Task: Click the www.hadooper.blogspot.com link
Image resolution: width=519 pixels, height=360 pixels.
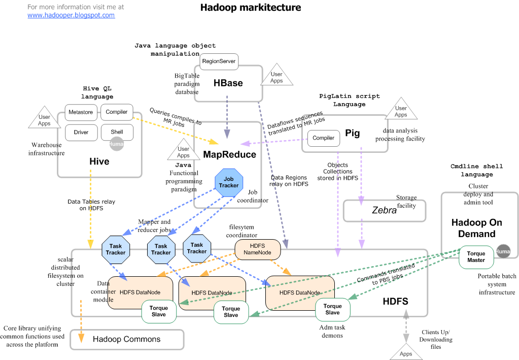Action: click(x=71, y=15)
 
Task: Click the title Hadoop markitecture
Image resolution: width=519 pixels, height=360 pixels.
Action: click(x=251, y=8)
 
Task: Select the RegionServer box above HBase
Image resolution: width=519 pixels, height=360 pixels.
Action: click(x=219, y=61)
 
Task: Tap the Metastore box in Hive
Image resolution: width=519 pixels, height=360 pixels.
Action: click(x=81, y=112)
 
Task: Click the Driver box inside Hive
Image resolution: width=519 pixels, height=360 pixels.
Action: click(x=81, y=133)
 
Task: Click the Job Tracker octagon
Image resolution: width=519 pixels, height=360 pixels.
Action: click(x=229, y=182)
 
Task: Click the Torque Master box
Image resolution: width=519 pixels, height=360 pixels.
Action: click(x=476, y=257)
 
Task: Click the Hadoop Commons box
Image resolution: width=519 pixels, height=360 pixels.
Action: click(x=126, y=339)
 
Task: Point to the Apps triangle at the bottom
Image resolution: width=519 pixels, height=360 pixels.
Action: click(x=405, y=351)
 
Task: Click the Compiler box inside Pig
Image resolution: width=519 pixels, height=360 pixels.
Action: click(x=323, y=138)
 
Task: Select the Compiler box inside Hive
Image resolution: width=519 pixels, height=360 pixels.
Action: click(x=117, y=112)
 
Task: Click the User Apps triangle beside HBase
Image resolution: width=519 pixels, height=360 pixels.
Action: click(x=276, y=77)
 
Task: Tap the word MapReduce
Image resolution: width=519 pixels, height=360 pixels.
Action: click(x=229, y=154)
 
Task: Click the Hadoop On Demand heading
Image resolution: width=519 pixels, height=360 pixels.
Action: click(x=476, y=228)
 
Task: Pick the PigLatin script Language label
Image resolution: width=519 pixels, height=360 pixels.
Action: click(x=349, y=100)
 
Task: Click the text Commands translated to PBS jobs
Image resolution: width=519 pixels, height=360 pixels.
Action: click(x=388, y=275)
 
